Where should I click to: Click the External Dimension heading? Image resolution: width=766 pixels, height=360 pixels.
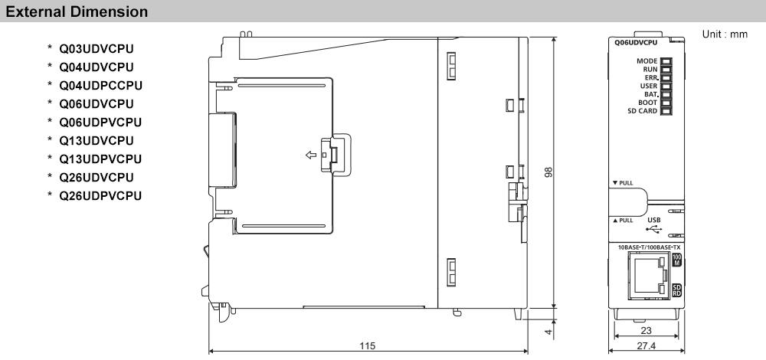pyautogui.click(x=75, y=12)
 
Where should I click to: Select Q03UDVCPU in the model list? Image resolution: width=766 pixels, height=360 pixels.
pyautogui.click(x=96, y=49)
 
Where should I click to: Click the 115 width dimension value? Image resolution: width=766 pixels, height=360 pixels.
pyautogui.click(x=368, y=346)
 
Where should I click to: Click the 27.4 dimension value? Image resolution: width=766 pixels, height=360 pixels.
pyautogui.click(x=645, y=347)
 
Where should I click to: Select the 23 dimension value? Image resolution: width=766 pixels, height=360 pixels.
pyautogui.click(x=646, y=331)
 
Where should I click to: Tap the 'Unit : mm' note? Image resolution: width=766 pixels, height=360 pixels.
pyautogui.click(x=724, y=35)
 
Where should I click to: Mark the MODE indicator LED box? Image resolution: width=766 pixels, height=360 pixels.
pyautogui.click(x=666, y=61)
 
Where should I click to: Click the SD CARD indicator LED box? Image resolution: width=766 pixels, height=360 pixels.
pyautogui.click(x=666, y=111)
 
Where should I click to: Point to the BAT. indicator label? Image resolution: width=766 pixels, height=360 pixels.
pyautogui.click(x=648, y=94)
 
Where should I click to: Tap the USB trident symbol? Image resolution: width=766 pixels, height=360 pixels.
pyautogui.click(x=653, y=227)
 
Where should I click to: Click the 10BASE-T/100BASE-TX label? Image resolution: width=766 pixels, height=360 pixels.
pyautogui.click(x=648, y=247)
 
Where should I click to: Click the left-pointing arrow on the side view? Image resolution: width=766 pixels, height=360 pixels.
pyautogui.click(x=311, y=155)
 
